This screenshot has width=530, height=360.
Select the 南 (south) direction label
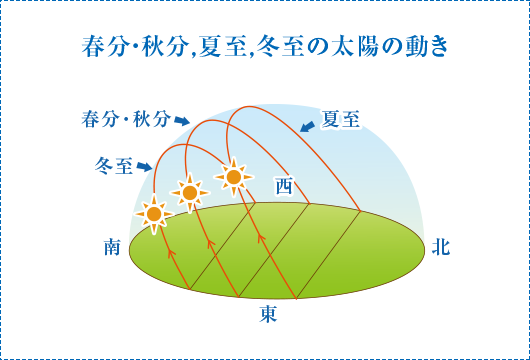112,247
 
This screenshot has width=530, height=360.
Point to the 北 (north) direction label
441,247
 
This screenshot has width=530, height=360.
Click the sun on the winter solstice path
153,213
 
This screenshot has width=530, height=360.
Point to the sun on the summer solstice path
233,178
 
